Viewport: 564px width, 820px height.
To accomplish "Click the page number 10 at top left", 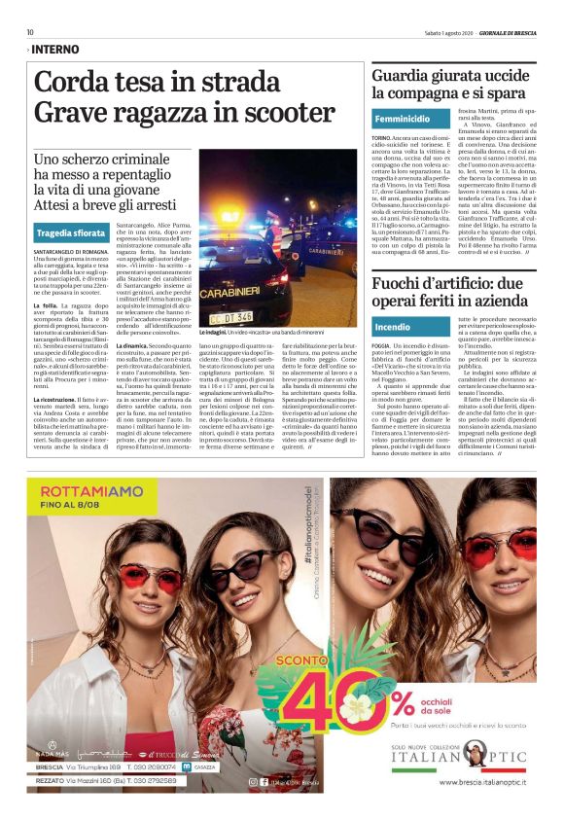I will tap(31, 32).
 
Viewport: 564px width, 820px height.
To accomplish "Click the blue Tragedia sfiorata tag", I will tap(70, 233).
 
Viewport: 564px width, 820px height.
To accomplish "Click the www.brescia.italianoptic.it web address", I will tap(476, 781).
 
